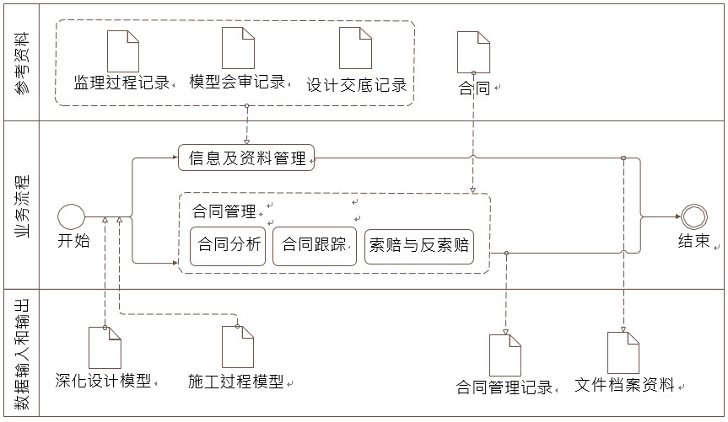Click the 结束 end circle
click(693, 216)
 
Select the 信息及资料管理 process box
click(246, 158)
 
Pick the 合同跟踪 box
click(314, 246)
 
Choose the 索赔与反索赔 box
click(418, 246)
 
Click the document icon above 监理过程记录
click(123, 51)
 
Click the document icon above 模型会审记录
click(238, 49)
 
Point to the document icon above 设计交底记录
click(355, 49)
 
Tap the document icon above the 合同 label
click(472, 52)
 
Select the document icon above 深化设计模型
click(105, 348)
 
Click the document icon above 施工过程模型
click(238, 347)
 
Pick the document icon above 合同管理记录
click(504, 355)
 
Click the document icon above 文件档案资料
click(623, 353)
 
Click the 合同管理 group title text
click(224, 211)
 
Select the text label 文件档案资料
click(624, 386)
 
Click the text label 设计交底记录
click(356, 85)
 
